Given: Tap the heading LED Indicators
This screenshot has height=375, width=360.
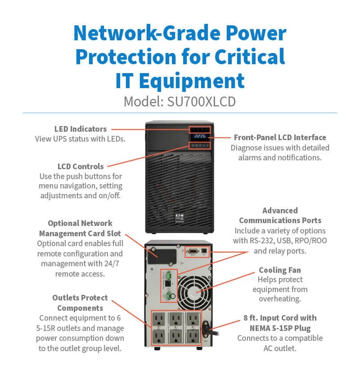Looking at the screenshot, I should pos(81,129).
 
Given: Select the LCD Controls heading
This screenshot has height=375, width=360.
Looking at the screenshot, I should pos(81,166).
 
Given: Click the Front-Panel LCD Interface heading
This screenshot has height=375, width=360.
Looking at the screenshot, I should pos(280,137).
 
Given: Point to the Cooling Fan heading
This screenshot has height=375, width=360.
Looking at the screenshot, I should pos(280,270).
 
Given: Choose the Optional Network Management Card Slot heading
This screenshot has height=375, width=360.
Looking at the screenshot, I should pos(80,228).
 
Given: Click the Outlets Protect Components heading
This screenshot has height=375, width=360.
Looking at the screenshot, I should pos(80,303).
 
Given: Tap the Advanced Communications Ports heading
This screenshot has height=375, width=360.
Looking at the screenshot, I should pos(280,216).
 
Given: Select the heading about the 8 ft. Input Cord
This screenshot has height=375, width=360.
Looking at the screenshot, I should pos(280,323).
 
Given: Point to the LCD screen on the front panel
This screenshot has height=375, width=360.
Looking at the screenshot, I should pos(200,138).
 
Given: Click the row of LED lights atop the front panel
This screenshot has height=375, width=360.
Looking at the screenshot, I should pos(200,129).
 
